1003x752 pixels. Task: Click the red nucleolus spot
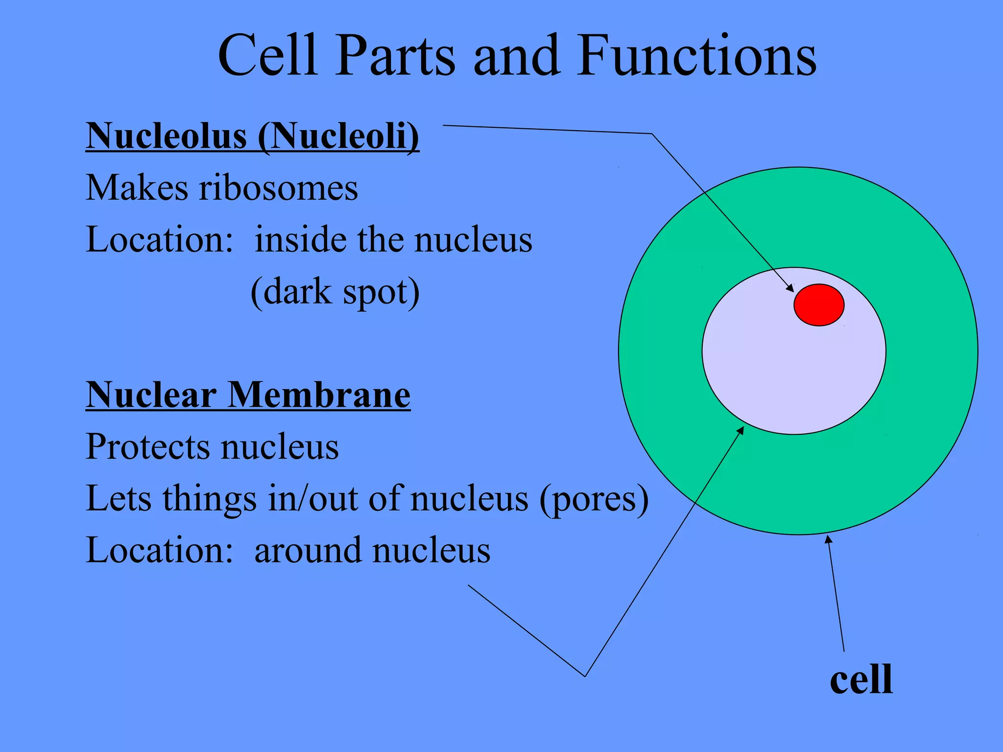tap(819, 305)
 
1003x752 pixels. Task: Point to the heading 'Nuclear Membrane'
tap(248, 395)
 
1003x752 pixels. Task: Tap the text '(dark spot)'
tap(335, 292)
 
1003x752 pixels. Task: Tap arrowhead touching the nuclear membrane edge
tap(741, 430)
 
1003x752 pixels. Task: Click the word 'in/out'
tap(313, 498)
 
